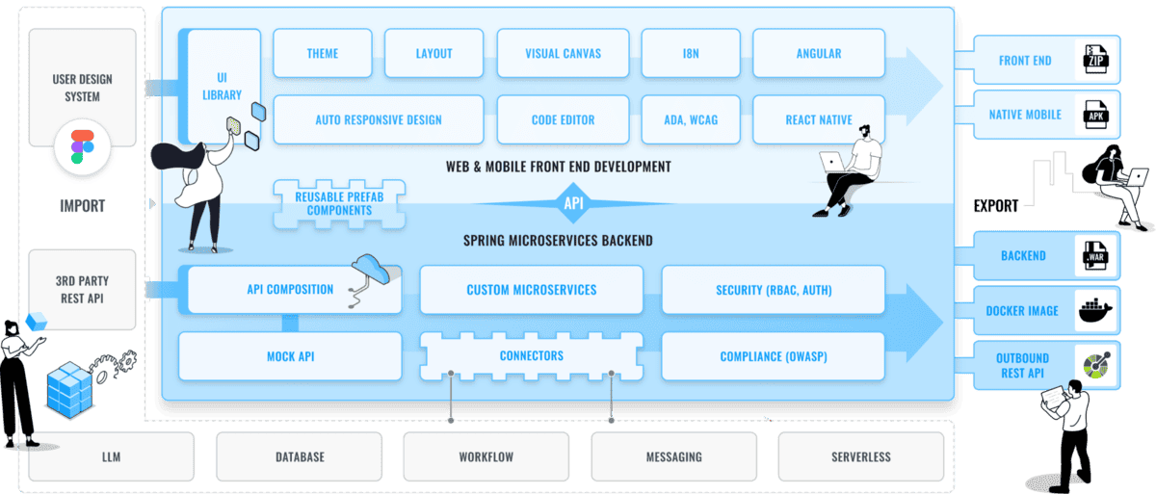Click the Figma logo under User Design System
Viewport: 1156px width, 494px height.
pyautogui.click(x=82, y=146)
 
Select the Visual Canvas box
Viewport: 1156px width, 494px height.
pyautogui.click(x=563, y=53)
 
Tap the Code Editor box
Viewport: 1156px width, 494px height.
pyautogui.click(x=563, y=119)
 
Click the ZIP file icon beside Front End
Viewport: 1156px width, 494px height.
pyautogui.click(x=1095, y=60)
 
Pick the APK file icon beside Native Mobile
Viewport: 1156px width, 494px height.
pyautogui.click(x=1095, y=115)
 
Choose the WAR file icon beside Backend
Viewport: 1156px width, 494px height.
pyautogui.click(x=1095, y=256)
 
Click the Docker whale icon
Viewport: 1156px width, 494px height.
pyautogui.click(x=1095, y=310)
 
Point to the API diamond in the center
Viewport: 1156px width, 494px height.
pyautogui.click(x=573, y=203)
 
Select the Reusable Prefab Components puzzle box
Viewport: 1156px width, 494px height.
pyautogui.click(x=339, y=204)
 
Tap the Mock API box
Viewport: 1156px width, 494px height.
pyautogui.click(x=290, y=356)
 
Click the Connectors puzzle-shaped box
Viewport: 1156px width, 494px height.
pyautogui.click(x=532, y=355)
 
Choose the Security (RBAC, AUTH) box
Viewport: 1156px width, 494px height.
pyautogui.click(x=773, y=290)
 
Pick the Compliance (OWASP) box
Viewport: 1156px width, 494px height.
pyautogui.click(x=773, y=356)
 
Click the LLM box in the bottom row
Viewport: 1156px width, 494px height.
pyautogui.click(x=112, y=456)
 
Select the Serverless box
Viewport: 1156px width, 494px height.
pyautogui.click(x=861, y=456)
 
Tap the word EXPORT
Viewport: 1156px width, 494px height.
pyautogui.click(x=995, y=206)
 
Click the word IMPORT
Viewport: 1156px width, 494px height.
pyautogui.click(x=82, y=206)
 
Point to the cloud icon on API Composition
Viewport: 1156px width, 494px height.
pyautogui.click(x=371, y=268)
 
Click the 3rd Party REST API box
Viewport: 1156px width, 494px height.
pyautogui.click(x=82, y=290)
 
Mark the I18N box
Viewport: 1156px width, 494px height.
pyautogui.click(x=691, y=53)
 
